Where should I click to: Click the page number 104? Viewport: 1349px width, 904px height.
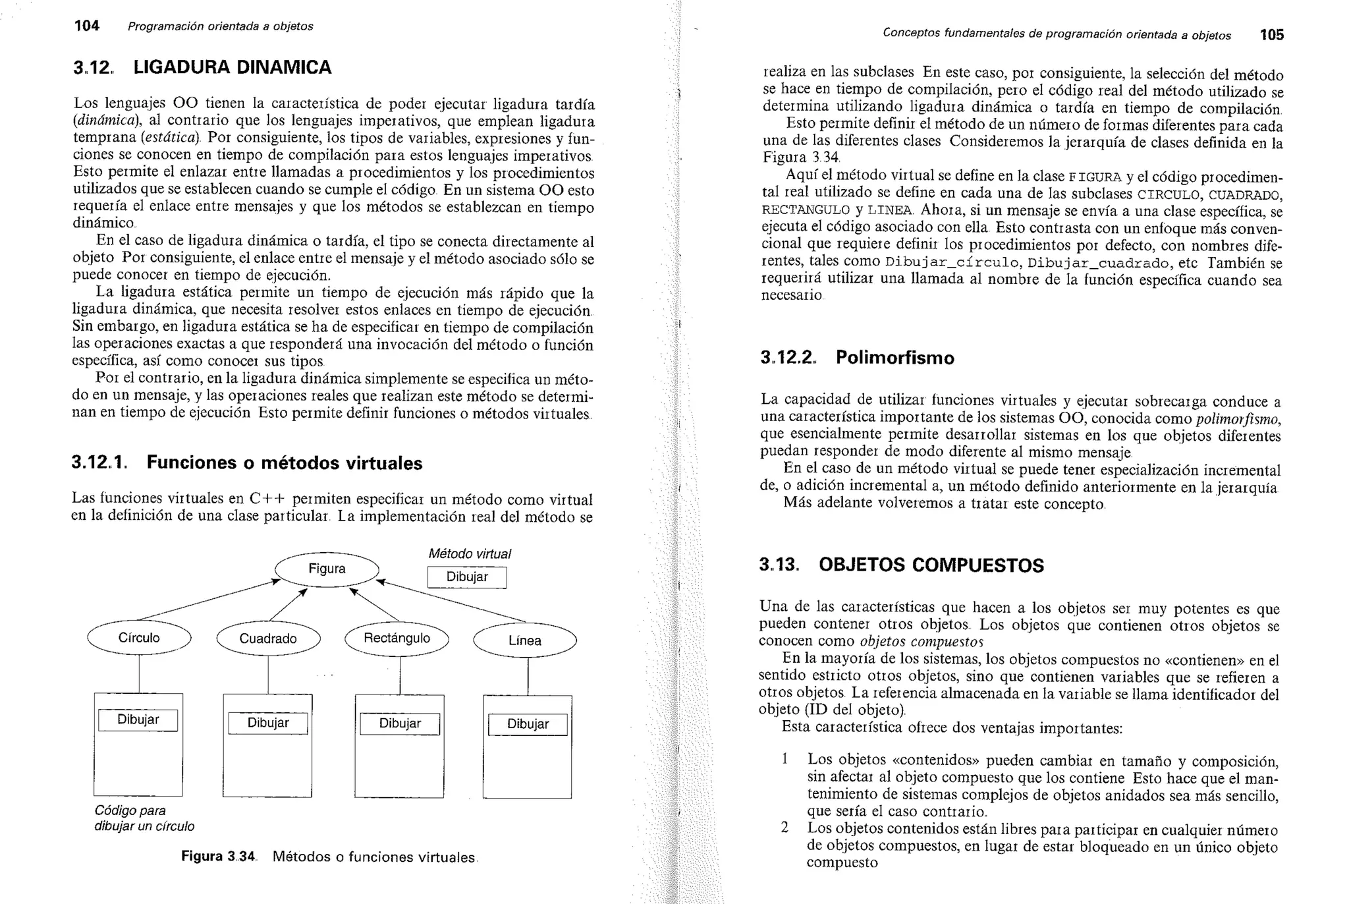[x=86, y=26]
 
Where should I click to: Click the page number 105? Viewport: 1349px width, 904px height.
[x=1271, y=35]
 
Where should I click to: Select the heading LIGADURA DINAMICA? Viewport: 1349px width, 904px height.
[x=233, y=67]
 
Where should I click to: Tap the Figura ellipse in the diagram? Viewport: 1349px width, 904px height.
[x=327, y=569]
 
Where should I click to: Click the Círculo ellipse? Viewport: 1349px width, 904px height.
[x=139, y=638]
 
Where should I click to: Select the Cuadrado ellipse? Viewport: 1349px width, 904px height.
[x=268, y=638]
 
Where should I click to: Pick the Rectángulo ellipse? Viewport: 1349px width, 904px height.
[x=397, y=638]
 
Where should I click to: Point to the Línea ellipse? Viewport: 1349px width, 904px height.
[x=524, y=640]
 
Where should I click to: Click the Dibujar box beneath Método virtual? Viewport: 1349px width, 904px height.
[x=467, y=577]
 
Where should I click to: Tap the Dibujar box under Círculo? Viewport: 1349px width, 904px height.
[x=138, y=720]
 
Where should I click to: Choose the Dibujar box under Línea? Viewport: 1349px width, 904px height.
[x=528, y=724]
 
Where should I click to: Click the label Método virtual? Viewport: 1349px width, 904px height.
[x=470, y=554]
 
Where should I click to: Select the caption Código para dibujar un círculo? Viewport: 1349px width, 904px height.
[x=144, y=818]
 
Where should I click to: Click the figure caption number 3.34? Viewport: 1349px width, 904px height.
[x=240, y=857]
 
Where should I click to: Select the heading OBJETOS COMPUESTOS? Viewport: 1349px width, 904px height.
[x=931, y=565]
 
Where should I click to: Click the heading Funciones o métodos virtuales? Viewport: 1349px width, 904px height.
[x=284, y=463]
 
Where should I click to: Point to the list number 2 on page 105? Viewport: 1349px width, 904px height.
[x=785, y=828]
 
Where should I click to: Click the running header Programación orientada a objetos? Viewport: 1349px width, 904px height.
[x=220, y=26]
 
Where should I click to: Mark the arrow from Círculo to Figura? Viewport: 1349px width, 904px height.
[x=207, y=600]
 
